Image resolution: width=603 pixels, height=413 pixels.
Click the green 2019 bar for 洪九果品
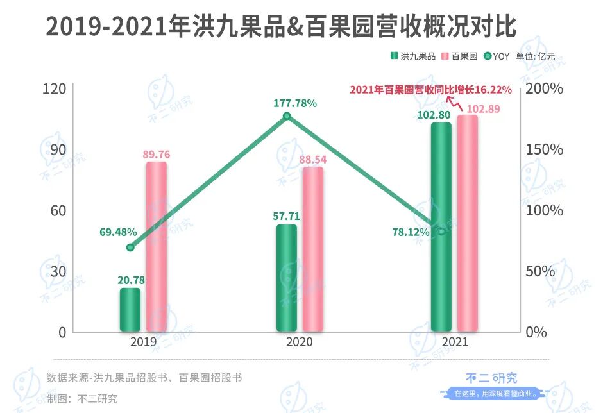[130, 310]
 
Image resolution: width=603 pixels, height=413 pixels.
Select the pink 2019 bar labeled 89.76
[156, 247]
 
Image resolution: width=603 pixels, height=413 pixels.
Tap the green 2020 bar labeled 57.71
[287, 278]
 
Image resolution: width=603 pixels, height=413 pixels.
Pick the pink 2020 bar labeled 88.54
[313, 249]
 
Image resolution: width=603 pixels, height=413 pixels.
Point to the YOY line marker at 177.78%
[287, 116]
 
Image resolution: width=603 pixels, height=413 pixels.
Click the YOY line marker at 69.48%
[130, 248]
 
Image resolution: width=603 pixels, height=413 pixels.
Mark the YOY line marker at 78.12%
[441, 231]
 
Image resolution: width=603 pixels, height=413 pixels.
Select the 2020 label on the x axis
[299, 342]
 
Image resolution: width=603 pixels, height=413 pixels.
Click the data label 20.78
[130, 280]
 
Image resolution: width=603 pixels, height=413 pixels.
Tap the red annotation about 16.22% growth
[430, 90]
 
